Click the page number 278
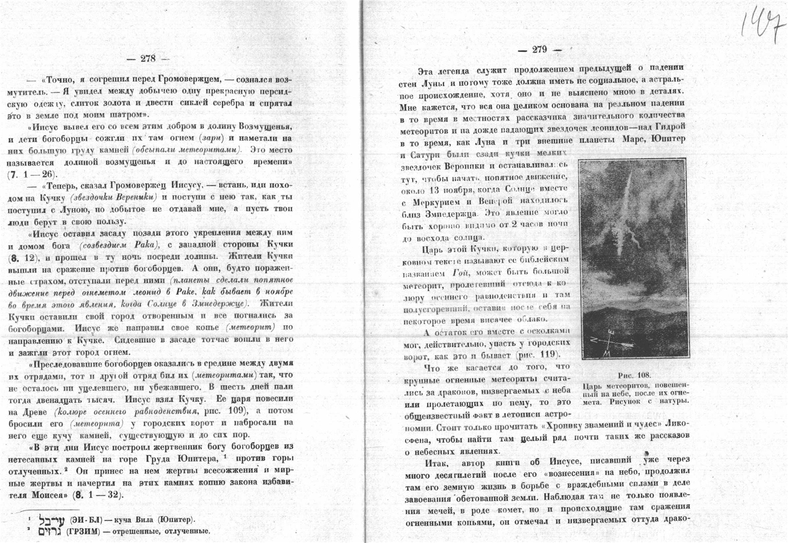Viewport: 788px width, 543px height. pos(148,59)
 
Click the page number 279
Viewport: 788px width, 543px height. pos(539,50)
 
